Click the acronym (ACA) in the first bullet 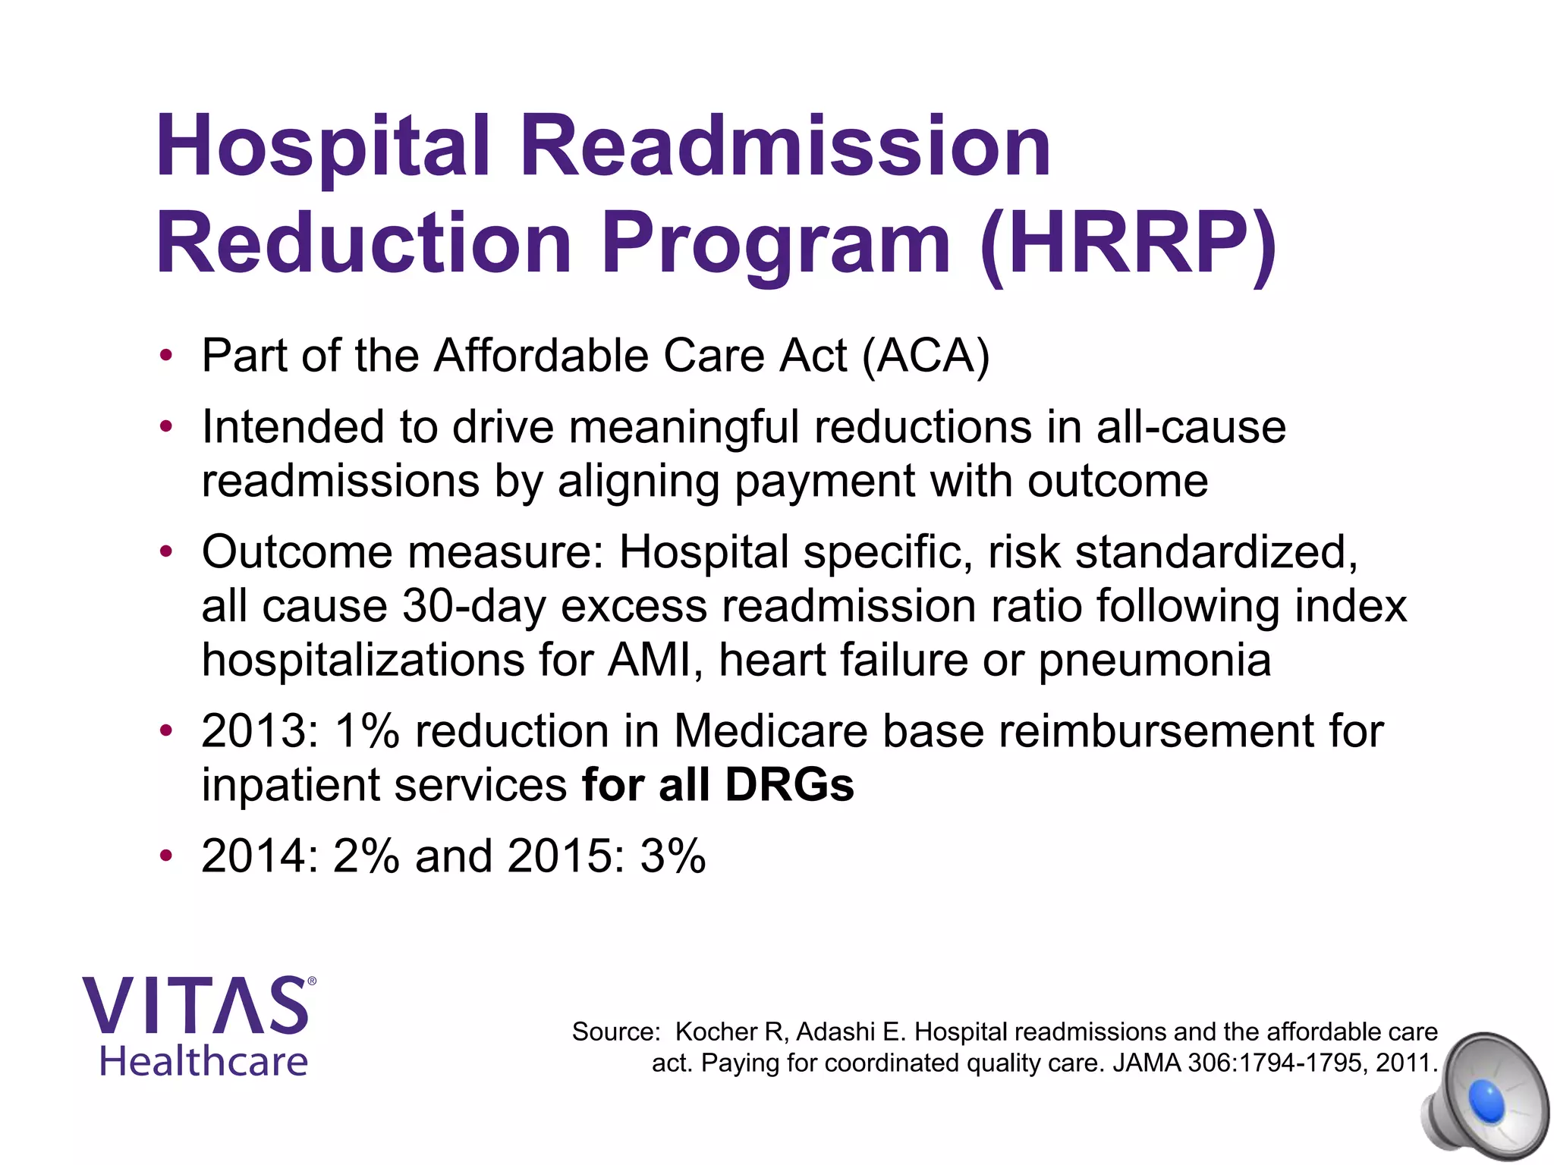(926, 356)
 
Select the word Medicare (770, 732)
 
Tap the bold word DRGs (789, 785)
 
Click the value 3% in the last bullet (672, 857)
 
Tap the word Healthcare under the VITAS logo (203, 1062)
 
